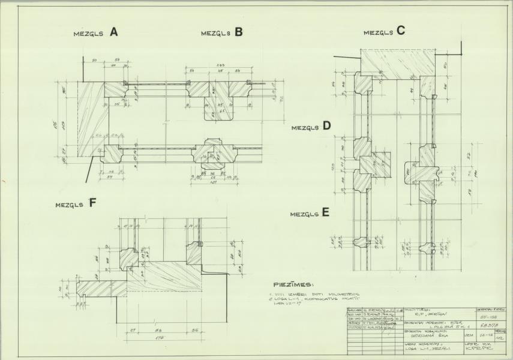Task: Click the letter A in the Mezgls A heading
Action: [113, 33]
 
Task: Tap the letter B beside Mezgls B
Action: [238, 33]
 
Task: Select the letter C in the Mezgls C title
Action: [400, 32]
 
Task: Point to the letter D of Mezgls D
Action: [326, 126]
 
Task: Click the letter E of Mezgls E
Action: [325, 212]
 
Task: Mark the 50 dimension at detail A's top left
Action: [95, 61]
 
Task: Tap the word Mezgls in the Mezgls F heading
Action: [70, 205]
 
